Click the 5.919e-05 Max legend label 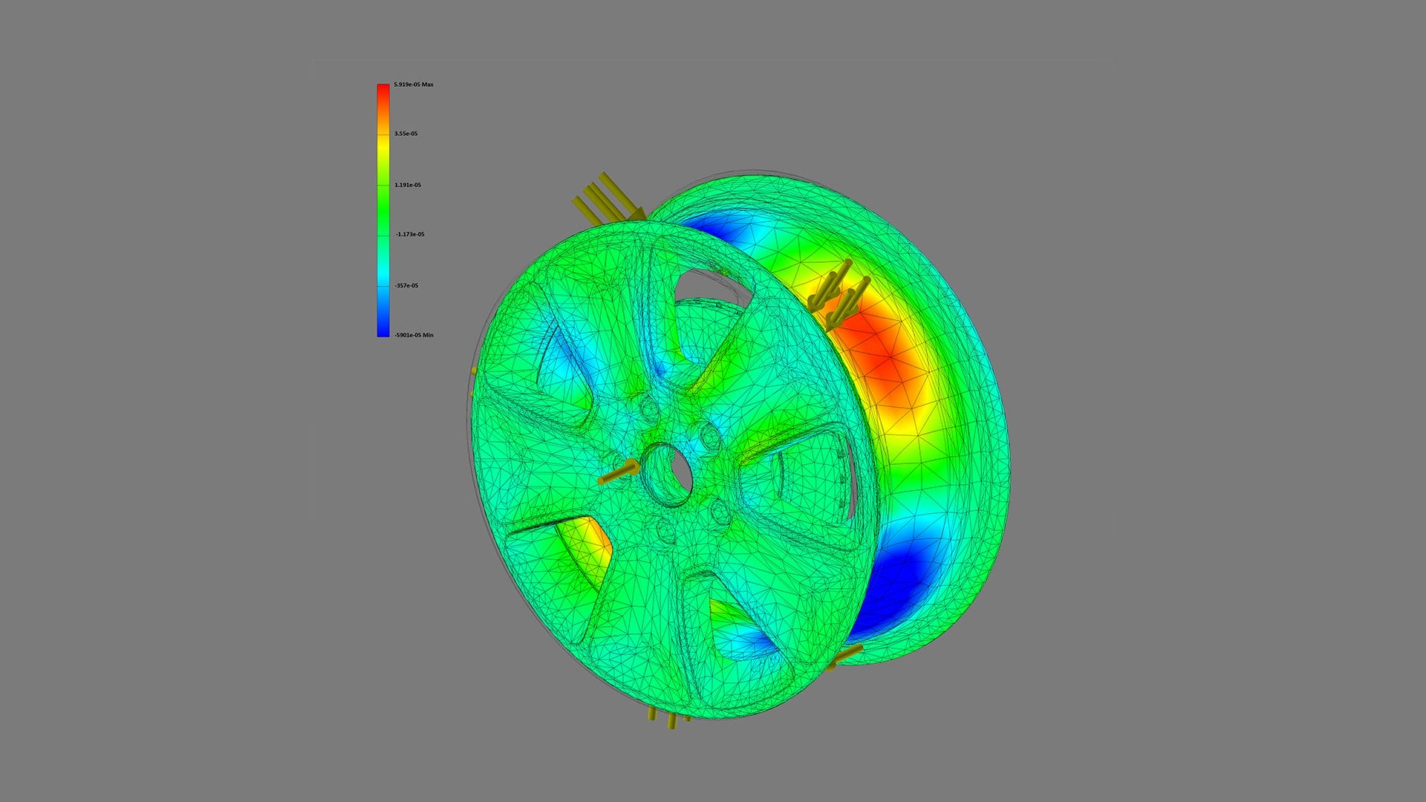click(x=413, y=85)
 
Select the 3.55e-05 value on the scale click(x=406, y=134)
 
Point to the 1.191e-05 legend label click(x=407, y=185)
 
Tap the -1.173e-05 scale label click(x=409, y=235)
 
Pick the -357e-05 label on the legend click(x=406, y=286)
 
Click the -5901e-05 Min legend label click(x=414, y=336)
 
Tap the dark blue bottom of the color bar click(x=382, y=330)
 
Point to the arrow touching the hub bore click(x=618, y=473)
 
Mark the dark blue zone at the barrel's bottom click(x=891, y=587)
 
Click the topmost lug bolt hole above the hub click(x=649, y=408)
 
